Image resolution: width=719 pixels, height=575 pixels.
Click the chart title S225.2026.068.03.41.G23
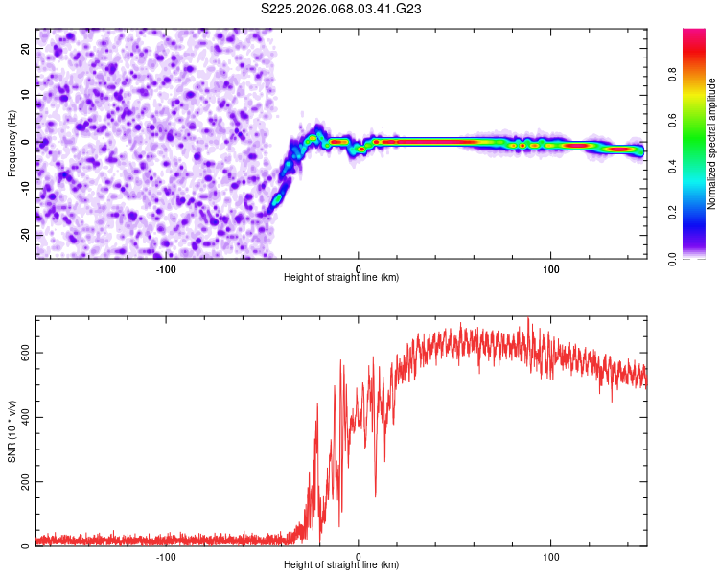[342, 9]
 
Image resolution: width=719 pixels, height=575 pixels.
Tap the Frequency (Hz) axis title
[12, 144]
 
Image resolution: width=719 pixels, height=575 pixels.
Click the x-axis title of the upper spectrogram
[341, 278]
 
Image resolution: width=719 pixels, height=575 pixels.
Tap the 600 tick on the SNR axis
[24, 352]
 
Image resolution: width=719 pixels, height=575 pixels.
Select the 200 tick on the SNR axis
[24, 482]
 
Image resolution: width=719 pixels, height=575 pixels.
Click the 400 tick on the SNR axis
[24, 417]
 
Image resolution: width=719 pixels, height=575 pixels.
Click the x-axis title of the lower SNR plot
[341, 565]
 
